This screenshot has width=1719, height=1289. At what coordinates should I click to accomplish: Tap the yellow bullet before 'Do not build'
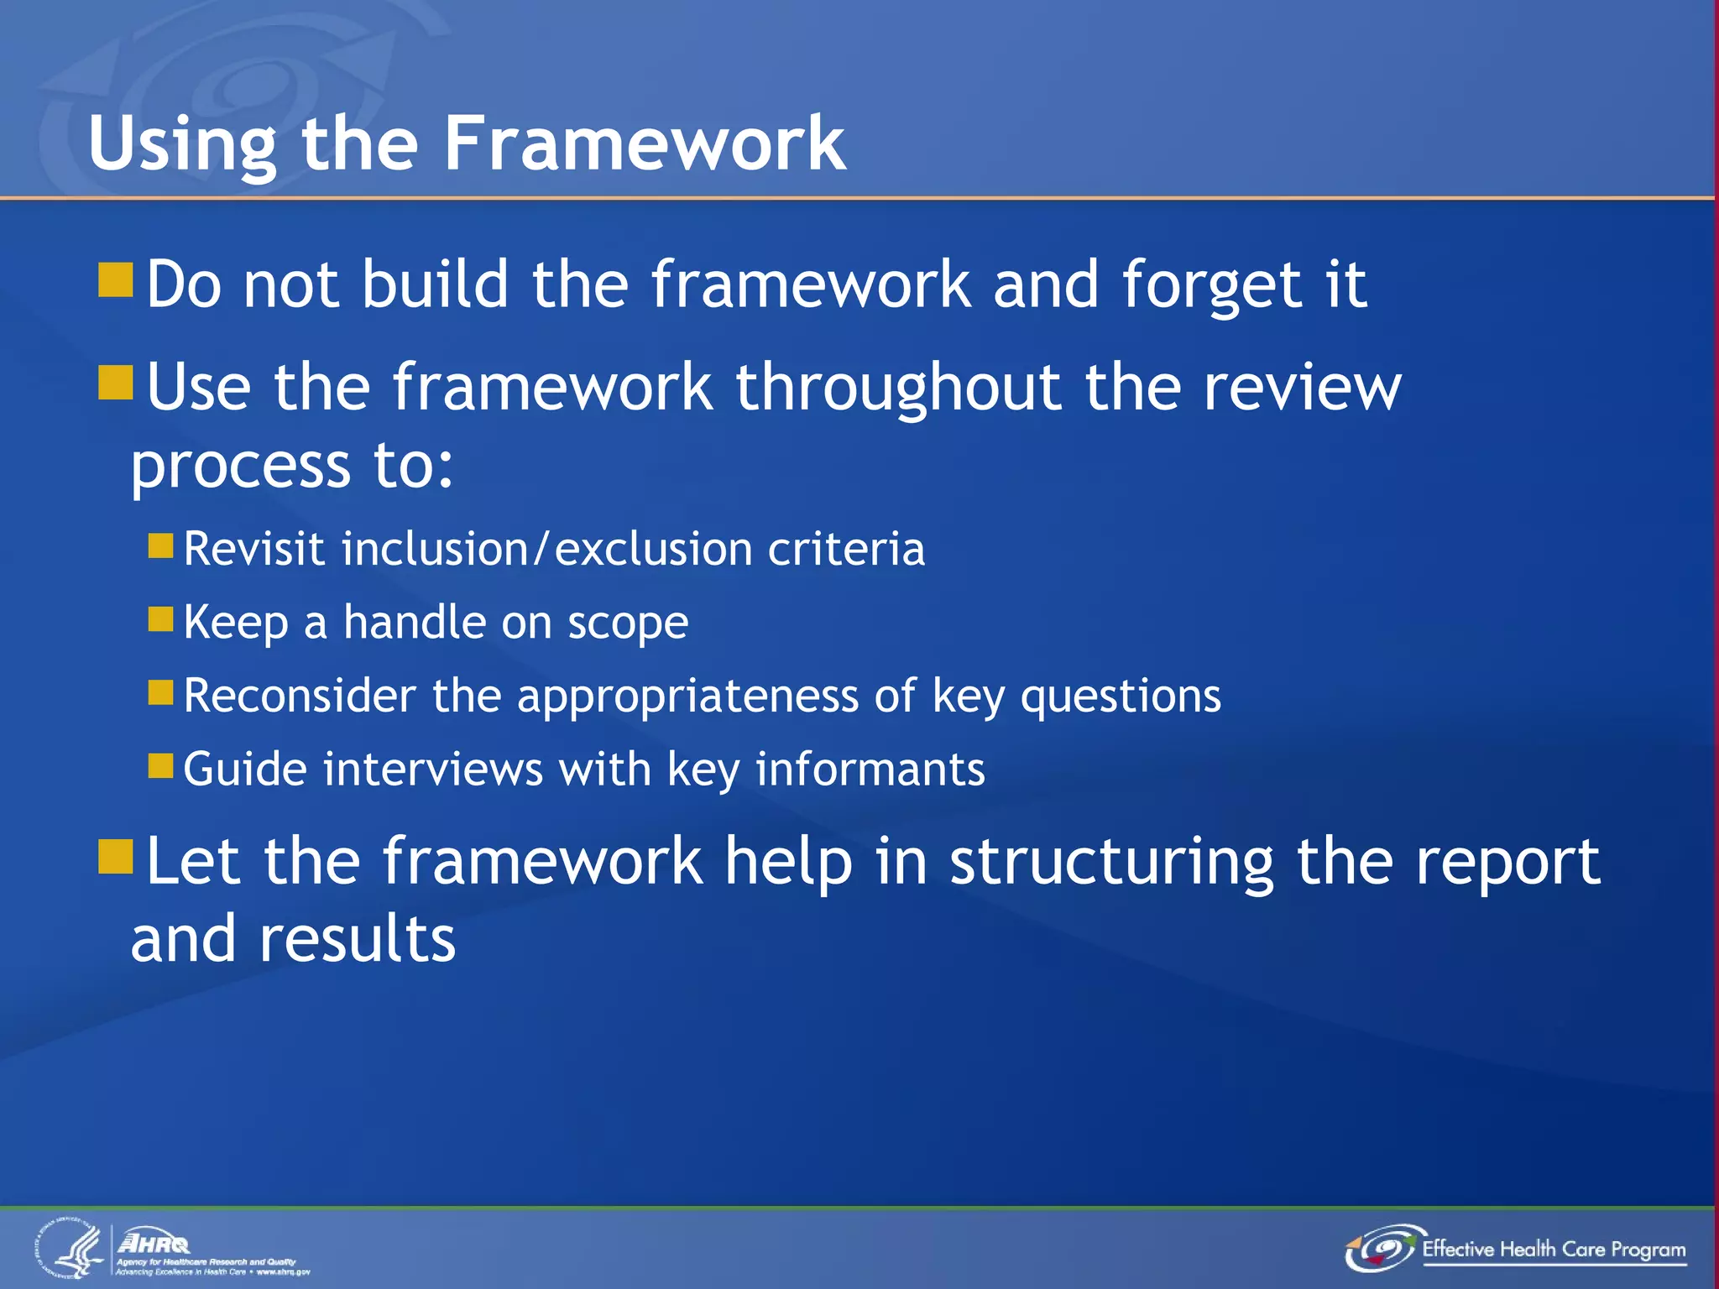coord(116,280)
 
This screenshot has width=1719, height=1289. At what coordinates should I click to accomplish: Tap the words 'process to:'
coord(292,465)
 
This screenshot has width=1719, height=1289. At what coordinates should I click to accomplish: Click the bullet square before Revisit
coord(160,546)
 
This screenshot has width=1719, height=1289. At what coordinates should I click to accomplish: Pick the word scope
coord(628,624)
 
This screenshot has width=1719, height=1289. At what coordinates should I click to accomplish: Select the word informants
coord(870,770)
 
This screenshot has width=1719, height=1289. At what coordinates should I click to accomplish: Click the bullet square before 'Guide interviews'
coord(160,766)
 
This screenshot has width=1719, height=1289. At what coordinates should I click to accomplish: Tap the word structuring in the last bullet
coord(1111,862)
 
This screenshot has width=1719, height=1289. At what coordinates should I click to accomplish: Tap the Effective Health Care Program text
coord(1553,1250)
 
